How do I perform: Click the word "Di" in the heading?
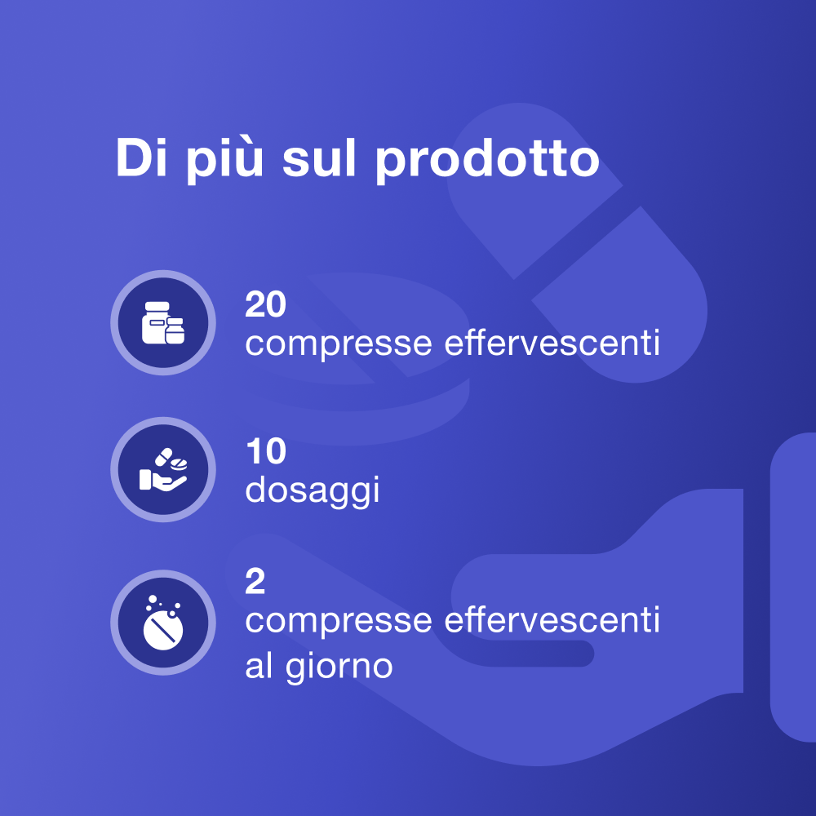pyautogui.click(x=141, y=157)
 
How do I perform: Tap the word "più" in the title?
pyautogui.click(x=225, y=159)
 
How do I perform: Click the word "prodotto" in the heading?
pyautogui.click(x=488, y=159)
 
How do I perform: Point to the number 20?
pyautogui.click(x=265, y=304)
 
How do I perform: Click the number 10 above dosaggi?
pyautogui.click(x=266, y=451)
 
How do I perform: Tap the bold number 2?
pyautogui.click(x=255, y=581)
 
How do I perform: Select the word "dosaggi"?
pyautogui.click(x=313, y=490)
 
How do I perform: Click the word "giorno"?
pyautogui.click(x=339, y=667)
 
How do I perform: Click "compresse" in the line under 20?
pyautogui.click(x=339, y=344)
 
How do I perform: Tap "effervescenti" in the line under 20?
pyautogui.click(x=552, y=342)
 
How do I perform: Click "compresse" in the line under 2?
pyautogui.click(x=339, y=621)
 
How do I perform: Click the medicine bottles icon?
pyautogui.click(x=163, y=322)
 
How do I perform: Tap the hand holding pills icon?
pyautogui.click(x=163, y=469)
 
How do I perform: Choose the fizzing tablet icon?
pyautogui.click(x=163, y=623)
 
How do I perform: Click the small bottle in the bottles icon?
pyautogui.click(x=175, y=331)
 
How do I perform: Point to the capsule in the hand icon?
pyautogui.click(x=163, y=457)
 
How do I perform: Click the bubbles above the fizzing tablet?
pyautogui.click(x=162, y=603)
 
